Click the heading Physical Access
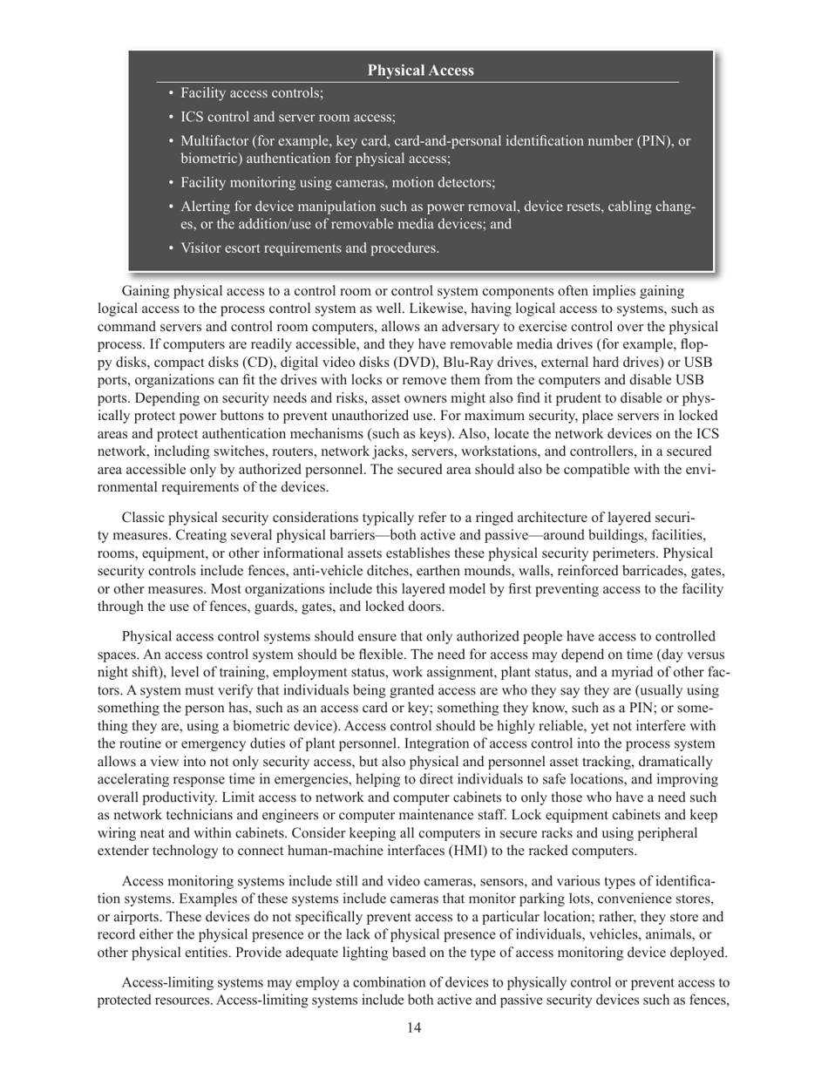pyautogui.click(x=420, y=71)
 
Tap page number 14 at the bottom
pyautogui.click(x=414, y=1028)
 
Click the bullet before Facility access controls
pyautogui.click(x=171, y=93)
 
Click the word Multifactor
pyautogui.click(x=214, y=141)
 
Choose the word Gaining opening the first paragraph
pyautogui.click(x=148, y=291)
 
